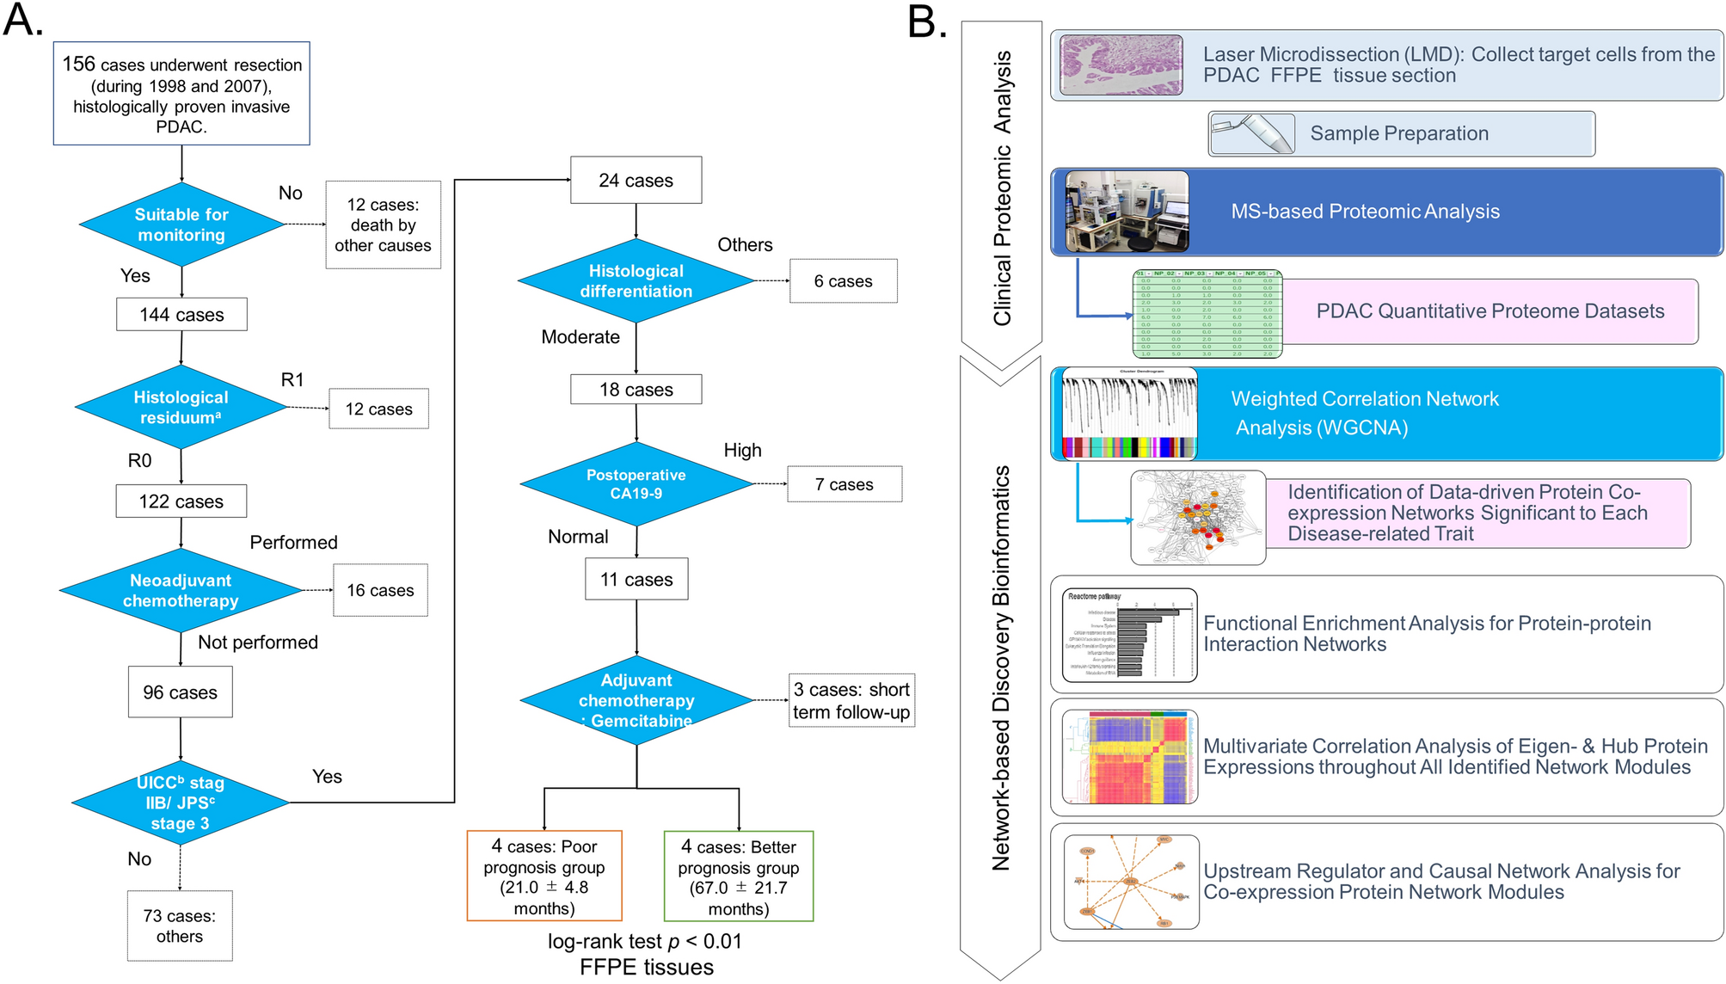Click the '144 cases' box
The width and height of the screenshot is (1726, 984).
pyautogui.click(x=181, y=315)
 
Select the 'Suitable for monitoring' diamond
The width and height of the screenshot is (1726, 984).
pyautogui.click(x=181, y=224)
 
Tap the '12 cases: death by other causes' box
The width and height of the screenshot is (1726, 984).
pyautogui.click(x=383, y=224)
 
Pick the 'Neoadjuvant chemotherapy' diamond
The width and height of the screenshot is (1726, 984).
pyautogui.click(x=181, y=590)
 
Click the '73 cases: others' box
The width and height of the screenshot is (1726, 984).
pyautogui.click(x=180, y=926)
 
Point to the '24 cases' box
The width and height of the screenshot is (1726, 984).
pyautogui.click(x=636, y=181)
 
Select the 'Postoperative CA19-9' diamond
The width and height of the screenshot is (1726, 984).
pyautogui.click(x=636, y=484)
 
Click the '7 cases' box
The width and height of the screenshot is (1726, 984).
pyautogui.click(x=844, y=484)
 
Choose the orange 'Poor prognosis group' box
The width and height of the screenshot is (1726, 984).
pyautogui.click(x=544, y=876)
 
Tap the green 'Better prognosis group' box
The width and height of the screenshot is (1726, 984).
pyautogui.click(x=738, y=876)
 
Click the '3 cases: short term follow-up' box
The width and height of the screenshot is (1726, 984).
pyautogui.click(x=851, y=700)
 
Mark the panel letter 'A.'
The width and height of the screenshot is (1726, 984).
pyautogui.click(x=23, y=21)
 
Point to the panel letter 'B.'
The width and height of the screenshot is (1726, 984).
pyautogui.click(x=927, y=22)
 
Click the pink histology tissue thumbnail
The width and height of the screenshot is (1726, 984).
pyautogui.click(x=1121, y=65)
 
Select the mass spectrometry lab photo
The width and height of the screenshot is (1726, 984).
pyautogui.click(x=1127, y=212)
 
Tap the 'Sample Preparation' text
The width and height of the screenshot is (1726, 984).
pyautogui.click(x=1399, y=133)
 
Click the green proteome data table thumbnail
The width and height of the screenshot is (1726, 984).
pyautogui.click(x=1207, y=314)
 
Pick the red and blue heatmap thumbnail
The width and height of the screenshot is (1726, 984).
pyautogui.click(x=1129, y=758)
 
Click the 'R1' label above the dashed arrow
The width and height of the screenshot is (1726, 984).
pyautogui.click(x=292, y=380)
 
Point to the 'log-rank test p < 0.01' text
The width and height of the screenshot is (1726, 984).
pyautogui.click(x=644, y=941)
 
